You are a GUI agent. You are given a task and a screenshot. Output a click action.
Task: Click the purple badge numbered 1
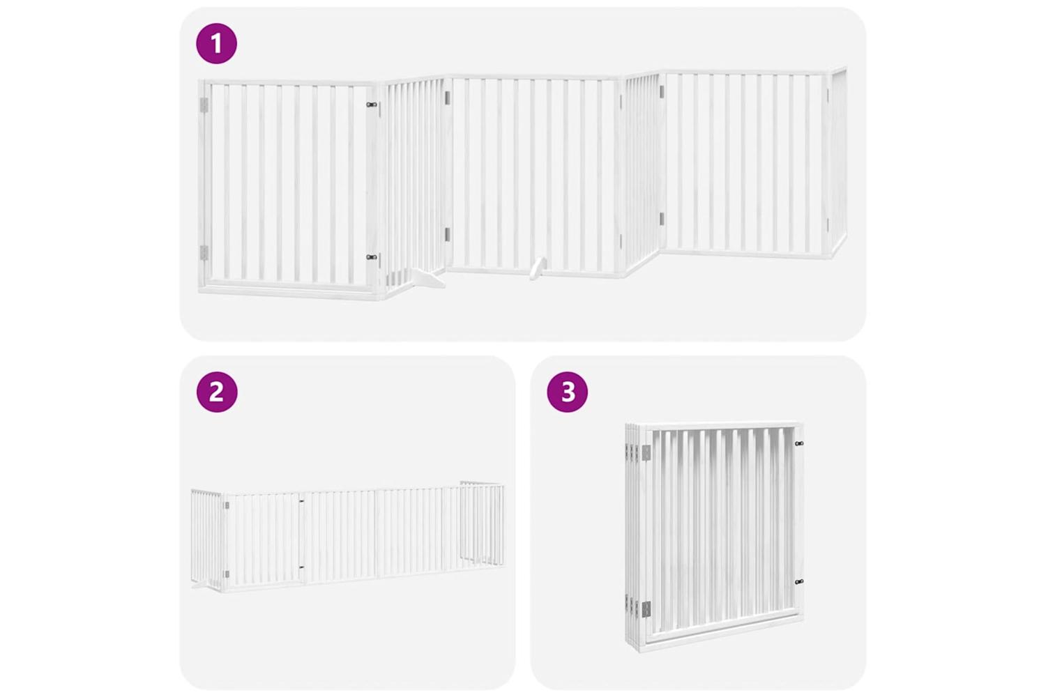[x=216, y=43]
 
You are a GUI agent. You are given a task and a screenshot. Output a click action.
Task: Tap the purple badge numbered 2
[x=217, y=392]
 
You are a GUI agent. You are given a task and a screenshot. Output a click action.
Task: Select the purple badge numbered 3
[x=568, y=392]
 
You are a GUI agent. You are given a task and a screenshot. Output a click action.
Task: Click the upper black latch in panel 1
[x=372, y=105]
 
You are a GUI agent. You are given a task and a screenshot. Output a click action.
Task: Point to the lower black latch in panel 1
[x=372, y=256]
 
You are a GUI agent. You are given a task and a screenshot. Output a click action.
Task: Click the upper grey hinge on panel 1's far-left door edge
[x=204, y=105]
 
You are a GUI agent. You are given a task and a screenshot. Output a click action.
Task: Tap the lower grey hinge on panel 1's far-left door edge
[x=204, y=252]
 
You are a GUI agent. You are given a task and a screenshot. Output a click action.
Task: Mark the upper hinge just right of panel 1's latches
[x=447, y=97]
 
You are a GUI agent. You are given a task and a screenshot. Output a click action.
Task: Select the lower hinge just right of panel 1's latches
[x=447, y=234]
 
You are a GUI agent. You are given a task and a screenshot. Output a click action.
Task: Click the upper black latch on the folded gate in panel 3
[x=799, y=443]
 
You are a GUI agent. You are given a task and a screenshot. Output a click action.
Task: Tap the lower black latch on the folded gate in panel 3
[x=799, y=582]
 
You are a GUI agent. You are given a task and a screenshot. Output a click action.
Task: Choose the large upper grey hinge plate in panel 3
[x=646, y=452]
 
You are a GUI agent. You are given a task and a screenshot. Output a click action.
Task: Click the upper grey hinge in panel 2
[x=227, y=505]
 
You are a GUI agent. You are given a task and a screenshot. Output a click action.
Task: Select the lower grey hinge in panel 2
[x=227, y=574]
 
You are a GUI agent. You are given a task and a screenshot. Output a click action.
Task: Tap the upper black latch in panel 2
[x=302, y=501]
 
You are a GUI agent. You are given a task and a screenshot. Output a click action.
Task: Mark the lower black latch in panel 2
[x=302, y=567]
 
